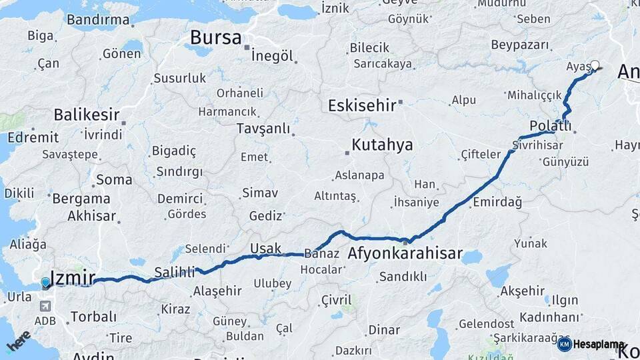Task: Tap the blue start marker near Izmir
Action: tap(45, 283)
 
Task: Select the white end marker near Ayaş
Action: tap(595, 65)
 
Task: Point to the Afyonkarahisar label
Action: tap(405, 254)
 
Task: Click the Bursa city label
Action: tap(215, 38)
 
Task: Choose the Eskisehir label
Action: tap(362, 105)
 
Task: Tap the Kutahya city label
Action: tap(382, 145)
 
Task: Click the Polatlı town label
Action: tap(550, 127)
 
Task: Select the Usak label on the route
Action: tap(265, 249)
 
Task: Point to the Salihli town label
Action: tap(175, 272)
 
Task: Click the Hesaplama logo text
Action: tap(599, 344)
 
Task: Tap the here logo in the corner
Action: tap(18, 341)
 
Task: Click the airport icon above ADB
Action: tap(45, 306)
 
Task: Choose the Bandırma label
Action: tap(98, 19)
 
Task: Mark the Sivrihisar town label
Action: tap(534, 144)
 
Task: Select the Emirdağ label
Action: tap(497, 201)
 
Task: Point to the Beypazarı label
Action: tap(520, 45)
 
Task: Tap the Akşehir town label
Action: tap(522, 291)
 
